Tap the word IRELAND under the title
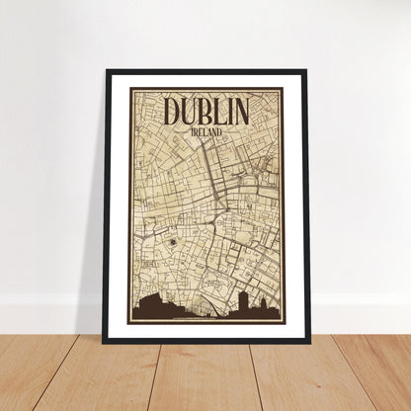(206, 130)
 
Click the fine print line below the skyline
(206, 321)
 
